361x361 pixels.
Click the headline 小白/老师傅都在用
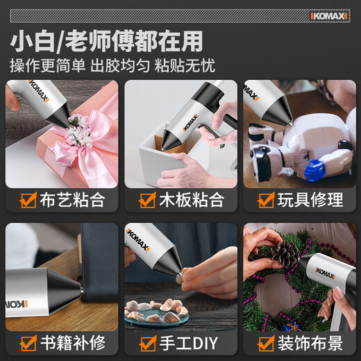click(107, 42)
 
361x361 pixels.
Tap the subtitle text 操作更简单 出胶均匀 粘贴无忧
click(112, 67)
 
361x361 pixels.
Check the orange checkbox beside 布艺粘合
click(28, 200)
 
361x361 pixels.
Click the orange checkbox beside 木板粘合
click(147, 200)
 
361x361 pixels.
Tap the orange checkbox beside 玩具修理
click(267, 200)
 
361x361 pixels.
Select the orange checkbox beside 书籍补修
click(28, 342)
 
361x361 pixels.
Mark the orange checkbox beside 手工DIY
click(147, 342)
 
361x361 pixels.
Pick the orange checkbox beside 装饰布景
click(267, 342)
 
